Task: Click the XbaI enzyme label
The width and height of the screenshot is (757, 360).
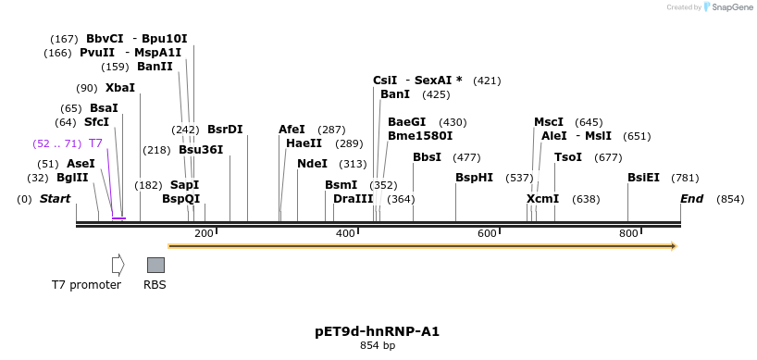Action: point(119,88)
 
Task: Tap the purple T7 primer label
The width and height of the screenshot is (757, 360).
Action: point(95,143)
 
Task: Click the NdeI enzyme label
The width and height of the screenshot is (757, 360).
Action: point(312,164)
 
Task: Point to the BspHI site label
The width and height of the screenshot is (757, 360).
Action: point(474,178)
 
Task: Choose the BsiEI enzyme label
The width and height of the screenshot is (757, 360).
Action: point(643,178)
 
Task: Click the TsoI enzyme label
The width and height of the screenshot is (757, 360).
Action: point(568,157)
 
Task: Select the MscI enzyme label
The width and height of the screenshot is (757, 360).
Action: point(549,122)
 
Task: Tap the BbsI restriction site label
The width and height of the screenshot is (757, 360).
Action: point(427,157)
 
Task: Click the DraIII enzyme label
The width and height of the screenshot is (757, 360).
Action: point(353,199)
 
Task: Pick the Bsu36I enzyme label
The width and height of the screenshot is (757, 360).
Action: point(201,150)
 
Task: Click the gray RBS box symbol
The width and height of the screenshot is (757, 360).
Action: point(155,265)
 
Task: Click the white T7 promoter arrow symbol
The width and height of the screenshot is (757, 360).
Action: point(118,265)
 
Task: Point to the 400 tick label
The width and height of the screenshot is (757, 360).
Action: point(345,233)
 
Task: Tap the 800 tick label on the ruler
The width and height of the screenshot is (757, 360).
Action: point(628,233)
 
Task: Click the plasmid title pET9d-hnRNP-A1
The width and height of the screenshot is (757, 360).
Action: point(378,330)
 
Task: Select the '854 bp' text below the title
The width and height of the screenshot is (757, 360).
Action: point(378,346)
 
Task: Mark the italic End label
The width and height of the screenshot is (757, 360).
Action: point(691,199)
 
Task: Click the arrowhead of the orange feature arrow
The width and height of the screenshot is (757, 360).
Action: point(674,246)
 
